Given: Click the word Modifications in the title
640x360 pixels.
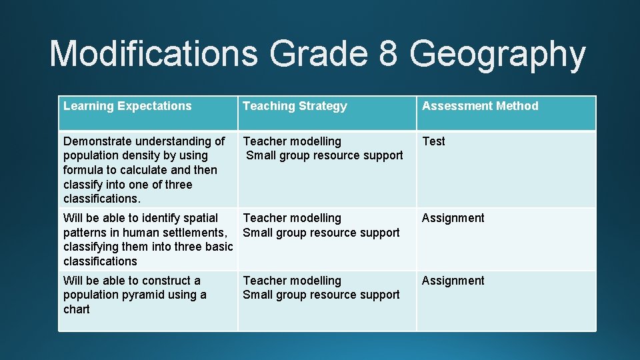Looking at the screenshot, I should pos(154,54).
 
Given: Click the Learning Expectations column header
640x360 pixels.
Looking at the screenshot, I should pos(127,106).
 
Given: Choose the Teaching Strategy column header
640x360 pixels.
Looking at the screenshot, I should pos(295,106).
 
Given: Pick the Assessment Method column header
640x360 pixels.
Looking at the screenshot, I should pos(480,106).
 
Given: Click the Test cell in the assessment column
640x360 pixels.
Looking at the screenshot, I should pos(433,141).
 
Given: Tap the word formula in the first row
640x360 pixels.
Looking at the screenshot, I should pos(83,170).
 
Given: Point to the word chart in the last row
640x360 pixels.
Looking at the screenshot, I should pos(77,309).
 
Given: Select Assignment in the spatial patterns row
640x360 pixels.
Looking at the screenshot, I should pos(453,218).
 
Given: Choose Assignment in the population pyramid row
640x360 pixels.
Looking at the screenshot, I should pos(453,281).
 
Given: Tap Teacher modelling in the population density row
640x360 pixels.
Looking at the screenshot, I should pos(292,141).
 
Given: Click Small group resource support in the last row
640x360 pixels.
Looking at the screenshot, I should pos(321,295).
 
